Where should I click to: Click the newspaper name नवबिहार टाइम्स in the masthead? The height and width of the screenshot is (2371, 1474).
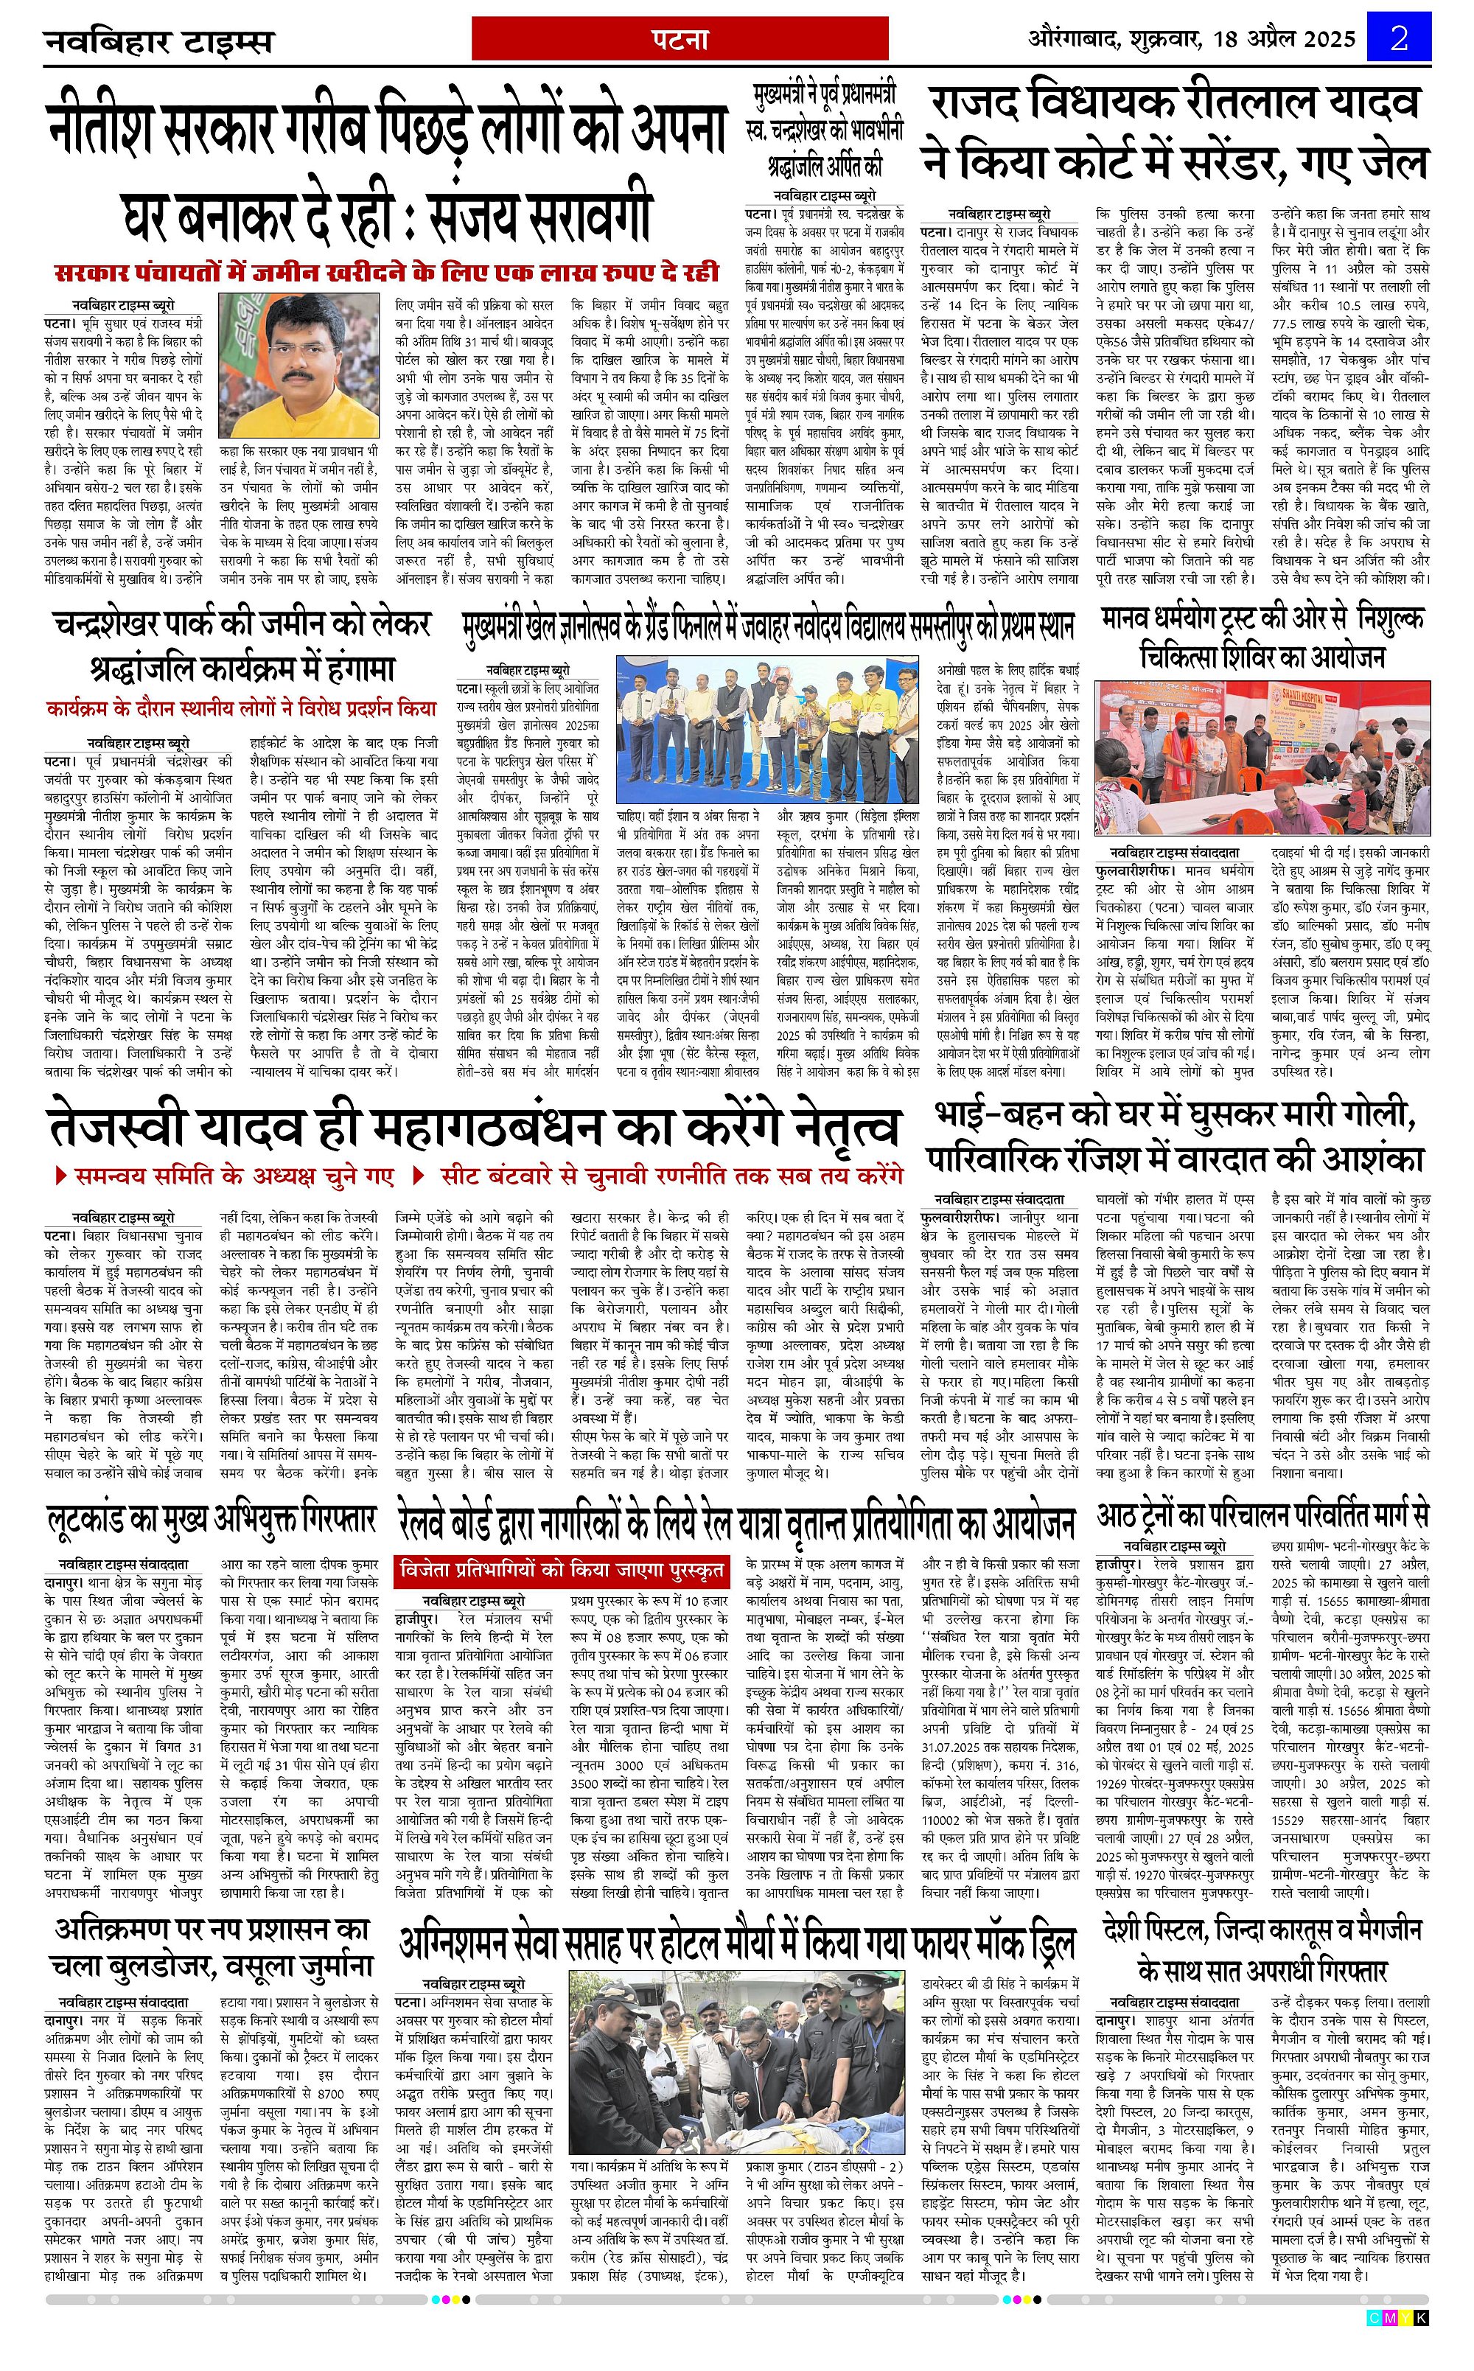[159, 43]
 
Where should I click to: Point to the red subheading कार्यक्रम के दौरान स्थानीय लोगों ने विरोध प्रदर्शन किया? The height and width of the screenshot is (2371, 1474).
[242, 708]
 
